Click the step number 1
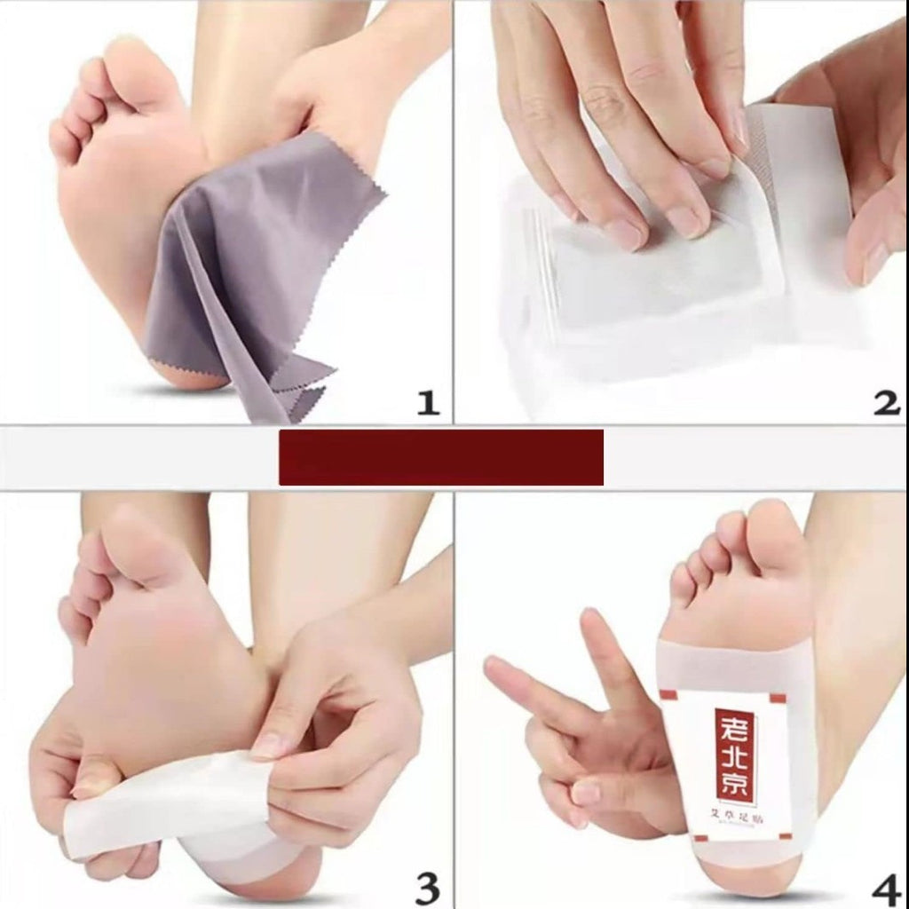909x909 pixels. [x=428, y=404]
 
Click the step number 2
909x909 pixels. [x=885, y=404]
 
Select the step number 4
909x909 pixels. [x=885, y=885]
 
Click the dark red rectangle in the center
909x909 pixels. [x=441, y=457]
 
